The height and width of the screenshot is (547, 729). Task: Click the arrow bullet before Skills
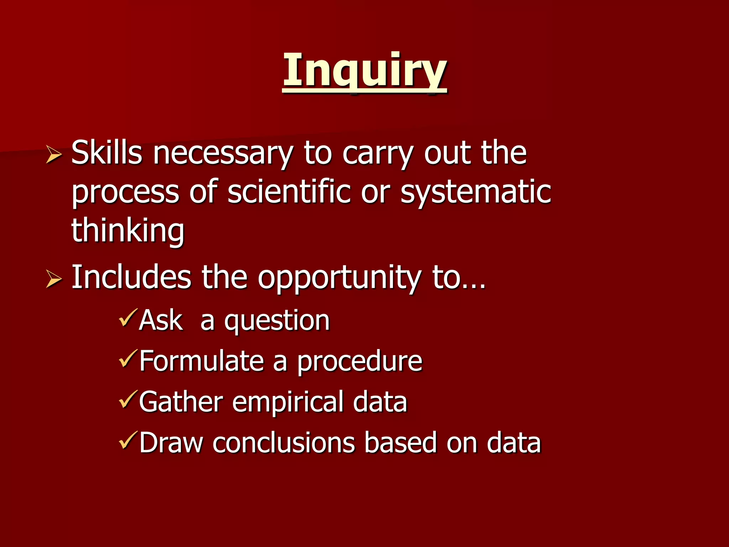coord(54,156)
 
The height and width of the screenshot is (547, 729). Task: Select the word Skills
coord(107,153)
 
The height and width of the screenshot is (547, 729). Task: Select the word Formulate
coord(201,361)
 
